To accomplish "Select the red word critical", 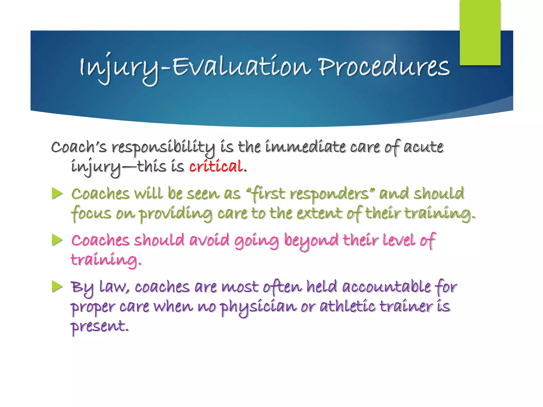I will [x=216, y=166].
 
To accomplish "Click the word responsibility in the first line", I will [x=163, y=147].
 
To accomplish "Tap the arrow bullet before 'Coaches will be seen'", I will [x=57, y=193].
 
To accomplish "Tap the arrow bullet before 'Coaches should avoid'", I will [x=57, y=240].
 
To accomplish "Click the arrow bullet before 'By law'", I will [x=57, y=287].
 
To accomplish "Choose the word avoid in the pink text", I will [x=209, y=240].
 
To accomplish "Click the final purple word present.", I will [x=99, y=326].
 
